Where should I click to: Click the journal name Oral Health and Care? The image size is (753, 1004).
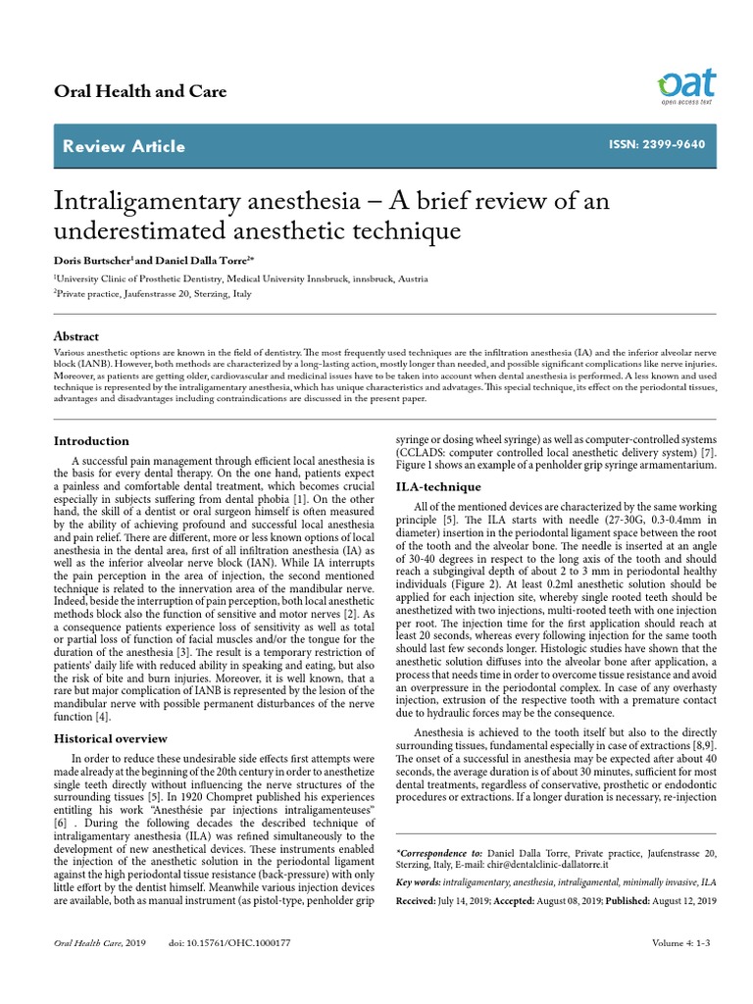coord(139,91)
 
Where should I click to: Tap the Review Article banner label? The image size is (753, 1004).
coord(123,146)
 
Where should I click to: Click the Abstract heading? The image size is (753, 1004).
coord(75,335)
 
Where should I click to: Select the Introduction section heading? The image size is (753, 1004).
coord(90,441)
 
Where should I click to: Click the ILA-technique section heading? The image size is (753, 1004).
coord(437,486)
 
